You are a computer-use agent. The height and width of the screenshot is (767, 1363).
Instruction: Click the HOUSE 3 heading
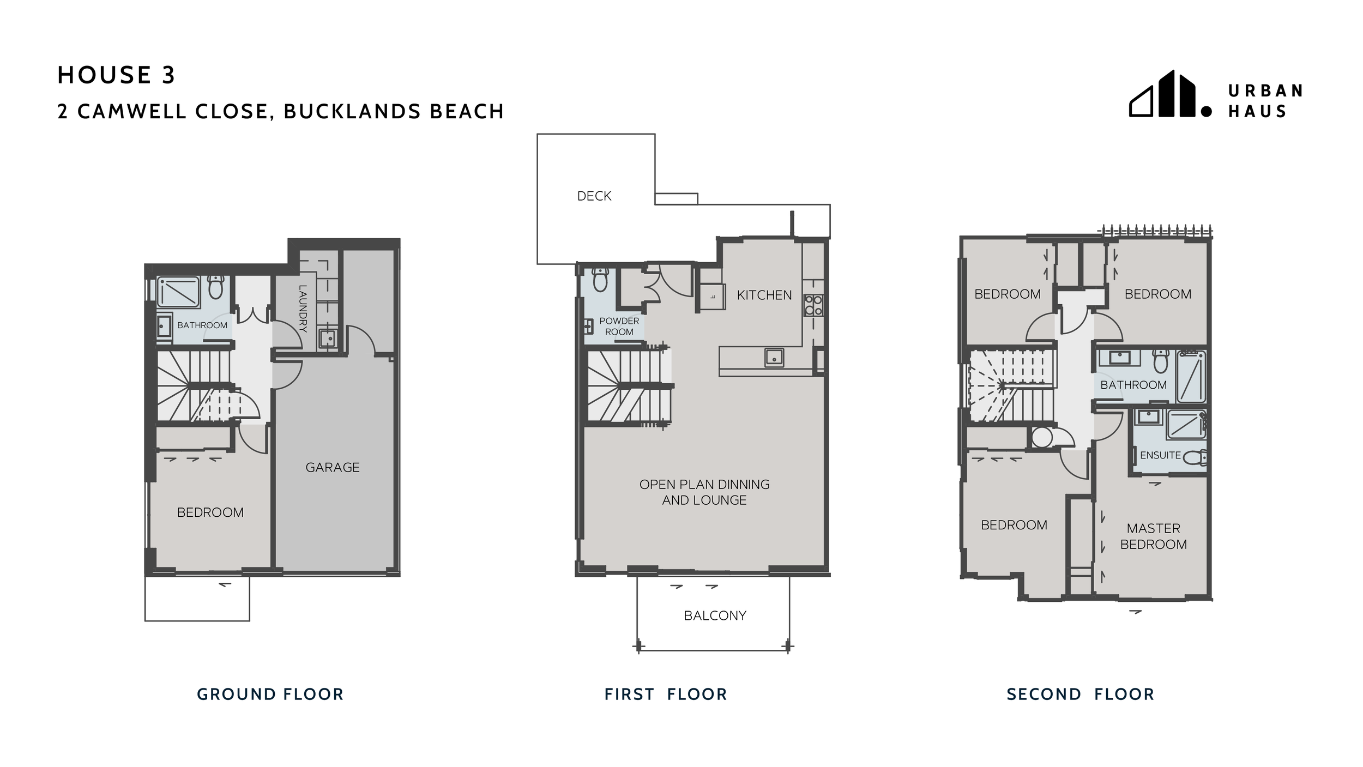[x=116, y=75]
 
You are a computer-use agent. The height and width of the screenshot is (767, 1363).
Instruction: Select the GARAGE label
[x=332, y=467]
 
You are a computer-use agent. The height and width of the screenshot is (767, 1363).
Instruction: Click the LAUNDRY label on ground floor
[x=303, y=309]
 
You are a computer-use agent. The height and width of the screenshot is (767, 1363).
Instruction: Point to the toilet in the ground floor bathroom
[x=216, y=287]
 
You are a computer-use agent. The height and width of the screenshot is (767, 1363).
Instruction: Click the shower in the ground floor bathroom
[x=178, y=292]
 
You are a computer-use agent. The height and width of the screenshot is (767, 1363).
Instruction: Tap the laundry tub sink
[x=328, y=339]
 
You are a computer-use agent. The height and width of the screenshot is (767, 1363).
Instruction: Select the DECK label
[x=594, y=196]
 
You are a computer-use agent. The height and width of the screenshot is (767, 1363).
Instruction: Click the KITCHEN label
[x=764, y=295]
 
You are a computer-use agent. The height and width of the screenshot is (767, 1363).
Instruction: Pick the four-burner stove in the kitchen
[x=813, y=305]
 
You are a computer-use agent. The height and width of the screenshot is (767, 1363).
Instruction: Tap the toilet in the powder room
[x=600, y=280]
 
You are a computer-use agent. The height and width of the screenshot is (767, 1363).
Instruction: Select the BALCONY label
[x=715, y=615]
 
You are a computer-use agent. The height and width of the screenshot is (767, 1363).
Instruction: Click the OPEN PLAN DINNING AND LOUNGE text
[x=704, y=492]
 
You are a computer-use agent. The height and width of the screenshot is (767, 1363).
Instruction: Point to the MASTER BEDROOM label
[x=1153, y=536]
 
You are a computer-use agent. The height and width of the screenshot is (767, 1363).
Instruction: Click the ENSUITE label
[x=1160, y=455]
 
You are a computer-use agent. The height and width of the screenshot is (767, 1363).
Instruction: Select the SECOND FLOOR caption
[x=1080, y=694]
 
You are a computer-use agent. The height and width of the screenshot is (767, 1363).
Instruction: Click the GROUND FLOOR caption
[x=270, y=694]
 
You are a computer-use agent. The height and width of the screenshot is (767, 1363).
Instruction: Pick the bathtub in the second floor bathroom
[x=1191, y=376]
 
